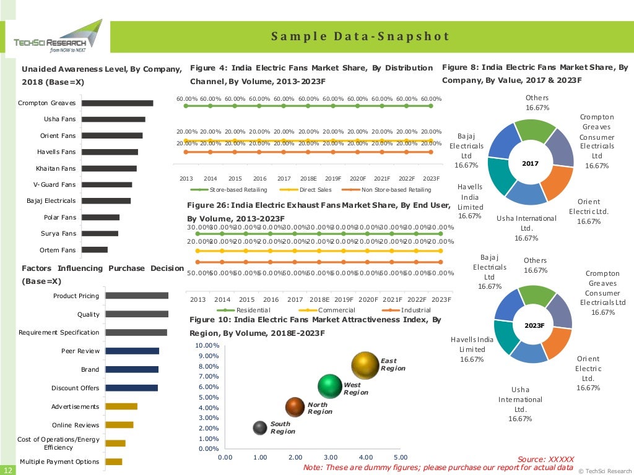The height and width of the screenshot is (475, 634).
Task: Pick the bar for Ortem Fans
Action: (x=95, y=250)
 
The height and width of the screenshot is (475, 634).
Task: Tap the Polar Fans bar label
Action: (x=60, y=217)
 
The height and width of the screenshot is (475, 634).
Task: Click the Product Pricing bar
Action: (x=137, y=296)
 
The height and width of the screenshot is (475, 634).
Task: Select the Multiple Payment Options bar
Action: (x=114, y=461)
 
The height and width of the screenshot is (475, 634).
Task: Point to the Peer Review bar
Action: (x=132, y=351)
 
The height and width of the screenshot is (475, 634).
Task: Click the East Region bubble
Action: (x=365, y=366)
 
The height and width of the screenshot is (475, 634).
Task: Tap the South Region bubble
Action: (x=261, y=427)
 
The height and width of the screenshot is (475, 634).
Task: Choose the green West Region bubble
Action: (x=330, y=387)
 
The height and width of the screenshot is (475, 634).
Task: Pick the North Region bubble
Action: (x=295, y=406)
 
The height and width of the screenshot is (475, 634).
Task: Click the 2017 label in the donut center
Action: (x=530, y=164)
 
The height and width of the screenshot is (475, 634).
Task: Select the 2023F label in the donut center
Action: (x=534, y=325)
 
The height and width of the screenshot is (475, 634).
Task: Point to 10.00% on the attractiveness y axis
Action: (x=207, y=345)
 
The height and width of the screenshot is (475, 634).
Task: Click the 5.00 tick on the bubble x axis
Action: (x=401, y=458)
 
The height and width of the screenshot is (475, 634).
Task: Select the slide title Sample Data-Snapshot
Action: (x=360, y=36)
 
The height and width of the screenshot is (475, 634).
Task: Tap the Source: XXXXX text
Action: (x=545, y=459)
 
